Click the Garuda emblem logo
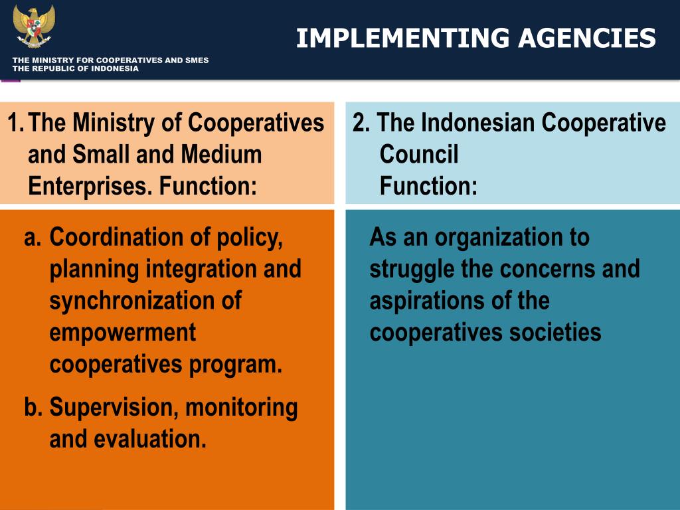[x=34, y=26]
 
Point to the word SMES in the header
[x=197, y=60]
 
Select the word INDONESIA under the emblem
[x=115, y=68]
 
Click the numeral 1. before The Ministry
[x=16, y=123]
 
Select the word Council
[x=419, y=155]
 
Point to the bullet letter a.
[x=33, y=237]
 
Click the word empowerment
[x=122, y=333]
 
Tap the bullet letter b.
[x=33, y=407]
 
